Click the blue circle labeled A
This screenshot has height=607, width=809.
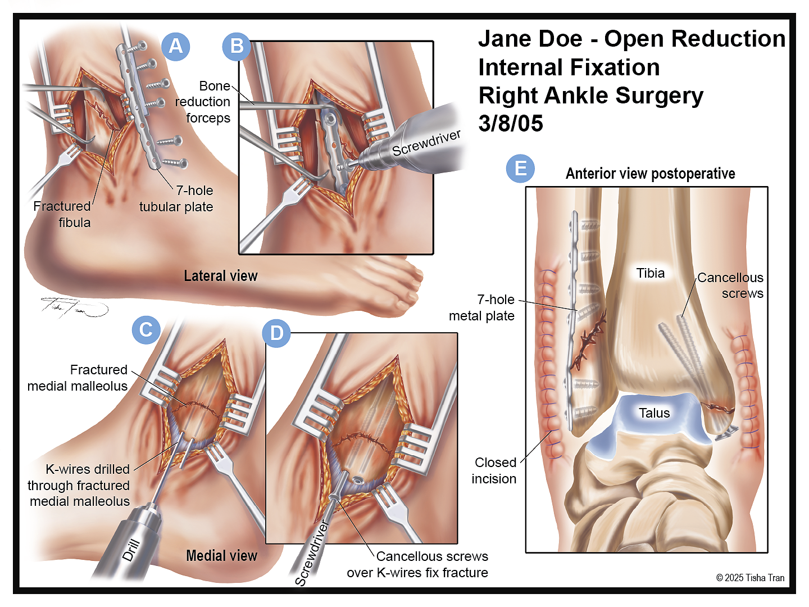tap(176, 47)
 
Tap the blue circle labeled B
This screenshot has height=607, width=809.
tap(237, 47)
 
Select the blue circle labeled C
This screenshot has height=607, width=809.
tap(146, 329)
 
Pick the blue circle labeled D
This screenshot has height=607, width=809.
tap(276, 333)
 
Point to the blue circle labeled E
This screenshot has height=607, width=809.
tap(520, 169)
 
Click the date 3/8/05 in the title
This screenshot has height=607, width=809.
tap(511, 123)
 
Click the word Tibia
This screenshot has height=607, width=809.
tap(651, 273)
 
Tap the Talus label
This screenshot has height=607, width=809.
tap(655, 413)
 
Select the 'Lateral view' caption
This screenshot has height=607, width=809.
tap(221, 275)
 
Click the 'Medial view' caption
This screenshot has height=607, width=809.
tap(221, 555)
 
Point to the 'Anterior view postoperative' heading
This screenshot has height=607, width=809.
tap(651, 174)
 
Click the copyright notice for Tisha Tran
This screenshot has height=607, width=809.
tap(750, 578)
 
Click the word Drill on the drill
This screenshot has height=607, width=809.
tap(131, 550)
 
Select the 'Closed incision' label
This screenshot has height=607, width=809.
tap(494, 470)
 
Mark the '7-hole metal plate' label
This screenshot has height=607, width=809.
tap(481, 308)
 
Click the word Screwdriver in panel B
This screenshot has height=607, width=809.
tap(426, 143)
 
